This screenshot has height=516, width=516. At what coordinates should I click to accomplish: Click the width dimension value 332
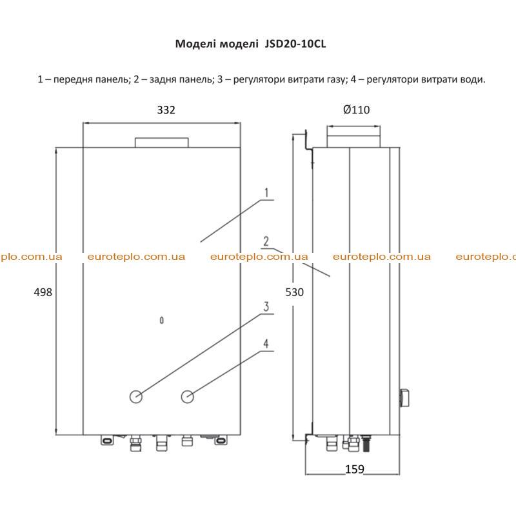(166, 110)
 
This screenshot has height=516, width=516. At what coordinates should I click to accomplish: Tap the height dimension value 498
(43, 292)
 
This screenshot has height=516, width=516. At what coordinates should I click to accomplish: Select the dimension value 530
(295, 292)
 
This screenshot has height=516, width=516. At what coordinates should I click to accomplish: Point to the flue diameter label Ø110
(357, 110)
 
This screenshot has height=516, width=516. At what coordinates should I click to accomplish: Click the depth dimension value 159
(354, 469)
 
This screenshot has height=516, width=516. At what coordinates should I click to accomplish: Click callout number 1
(266, 192)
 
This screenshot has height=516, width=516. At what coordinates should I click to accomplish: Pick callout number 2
(266, 241)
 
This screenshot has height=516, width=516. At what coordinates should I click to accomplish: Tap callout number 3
(266, 306)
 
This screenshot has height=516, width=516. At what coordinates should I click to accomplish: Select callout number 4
(266, 344)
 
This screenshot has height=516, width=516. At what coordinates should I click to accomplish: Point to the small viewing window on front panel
(162, 320)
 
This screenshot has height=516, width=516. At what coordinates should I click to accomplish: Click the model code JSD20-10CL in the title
(295, 44)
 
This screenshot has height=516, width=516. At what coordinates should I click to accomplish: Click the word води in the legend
(472, 79)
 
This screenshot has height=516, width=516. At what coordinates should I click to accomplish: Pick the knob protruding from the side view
(404, 397)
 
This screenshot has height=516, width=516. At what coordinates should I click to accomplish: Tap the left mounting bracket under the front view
(107, 440)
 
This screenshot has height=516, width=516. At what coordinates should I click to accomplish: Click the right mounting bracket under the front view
(221, 440)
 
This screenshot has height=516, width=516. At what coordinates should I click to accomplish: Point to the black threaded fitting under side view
(366, 443)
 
